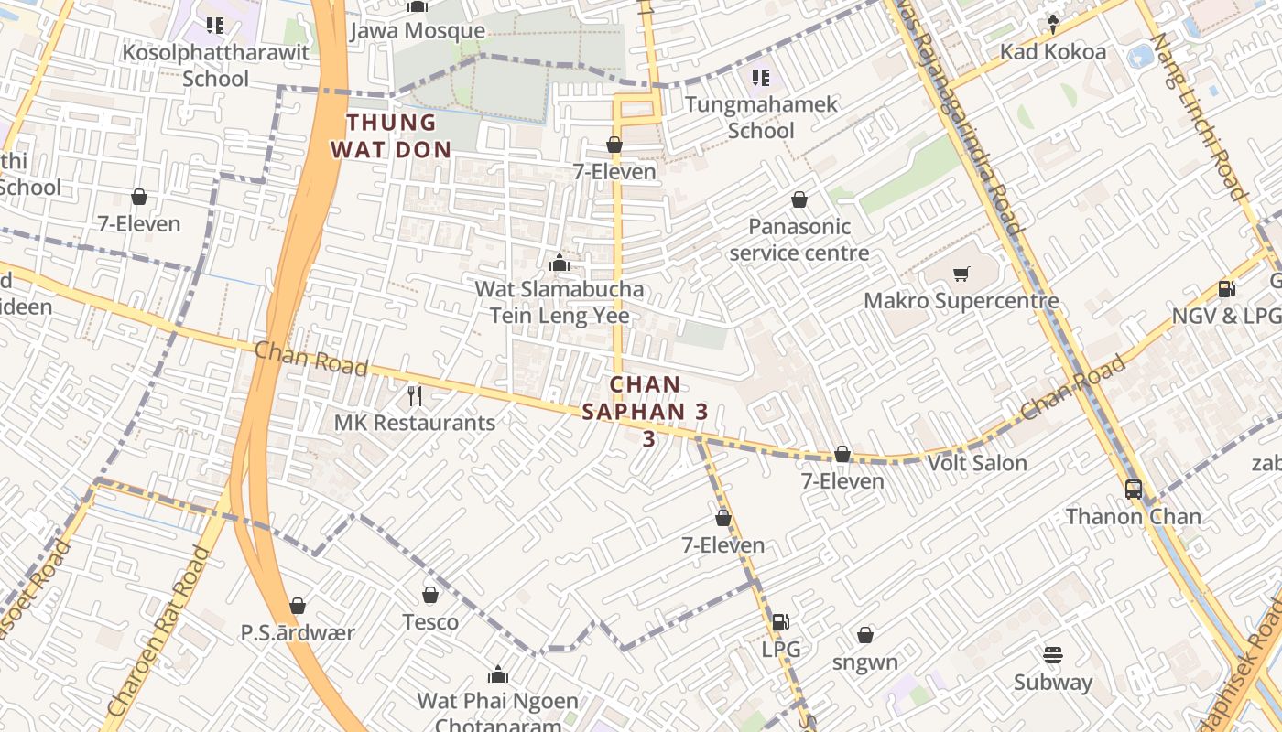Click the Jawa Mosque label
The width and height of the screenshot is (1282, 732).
point(418,31)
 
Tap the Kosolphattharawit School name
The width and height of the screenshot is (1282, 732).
point(216,65)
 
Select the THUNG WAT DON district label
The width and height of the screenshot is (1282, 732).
point(391,136)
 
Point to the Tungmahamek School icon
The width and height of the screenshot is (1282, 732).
point(760,78)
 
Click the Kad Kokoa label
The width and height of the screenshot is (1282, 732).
point(1052,52)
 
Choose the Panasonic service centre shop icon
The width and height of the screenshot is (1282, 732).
point(799,199)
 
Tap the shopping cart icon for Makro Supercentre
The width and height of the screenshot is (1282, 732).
point(961,274)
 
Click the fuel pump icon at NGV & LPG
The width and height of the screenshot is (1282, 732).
point(1226,289)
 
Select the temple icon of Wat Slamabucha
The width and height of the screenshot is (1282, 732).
point(559,264)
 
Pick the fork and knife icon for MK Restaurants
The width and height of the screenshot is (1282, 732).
point(415,395)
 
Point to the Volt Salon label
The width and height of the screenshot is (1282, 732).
point(977,463)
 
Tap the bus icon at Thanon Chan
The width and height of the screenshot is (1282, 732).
point(1134,490)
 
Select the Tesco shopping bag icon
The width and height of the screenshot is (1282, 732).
point(430,596)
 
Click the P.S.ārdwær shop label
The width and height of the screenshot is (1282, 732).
point(298,632)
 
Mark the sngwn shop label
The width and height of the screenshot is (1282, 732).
point(865,662)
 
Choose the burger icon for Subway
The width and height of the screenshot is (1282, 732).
point(1052,655)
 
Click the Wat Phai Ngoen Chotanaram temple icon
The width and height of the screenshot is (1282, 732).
point(498,675)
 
